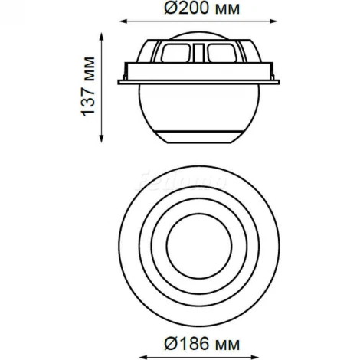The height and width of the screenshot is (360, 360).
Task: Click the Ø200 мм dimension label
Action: tap(202, 8)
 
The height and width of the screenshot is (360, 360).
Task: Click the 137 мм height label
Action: tap(88, 87)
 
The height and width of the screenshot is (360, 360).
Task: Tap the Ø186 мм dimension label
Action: tap(202, 343)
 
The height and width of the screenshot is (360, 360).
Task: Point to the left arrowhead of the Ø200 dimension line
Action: tap(123, 21)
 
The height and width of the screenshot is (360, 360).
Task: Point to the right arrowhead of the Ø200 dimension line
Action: tap(273, 21)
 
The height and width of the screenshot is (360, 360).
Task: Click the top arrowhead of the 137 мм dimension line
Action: tap(101, 37)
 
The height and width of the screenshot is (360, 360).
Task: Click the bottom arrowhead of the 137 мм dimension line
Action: tap(101, 139)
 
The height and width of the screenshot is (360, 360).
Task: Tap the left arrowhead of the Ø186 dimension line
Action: tap(144, 357)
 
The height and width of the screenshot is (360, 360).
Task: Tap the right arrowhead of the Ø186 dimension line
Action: tap(255, 357)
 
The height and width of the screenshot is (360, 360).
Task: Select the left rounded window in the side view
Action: tap(176, 54)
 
